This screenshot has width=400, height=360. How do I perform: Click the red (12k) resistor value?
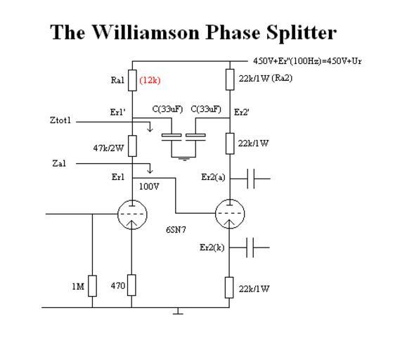(150, 80)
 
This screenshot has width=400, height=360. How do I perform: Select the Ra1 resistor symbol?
(132, 80)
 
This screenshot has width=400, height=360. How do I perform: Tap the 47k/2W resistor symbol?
(132, 146)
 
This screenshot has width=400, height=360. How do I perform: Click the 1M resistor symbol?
(92, 286)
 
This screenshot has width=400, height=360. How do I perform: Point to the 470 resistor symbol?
(131, 285)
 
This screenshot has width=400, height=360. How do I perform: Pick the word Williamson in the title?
(146, 32)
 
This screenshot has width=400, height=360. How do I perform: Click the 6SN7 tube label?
(176, 230)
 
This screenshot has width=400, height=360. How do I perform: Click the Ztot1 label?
(60, 120)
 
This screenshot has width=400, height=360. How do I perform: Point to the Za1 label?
(59, 163)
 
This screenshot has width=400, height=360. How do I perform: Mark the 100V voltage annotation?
(149, 187)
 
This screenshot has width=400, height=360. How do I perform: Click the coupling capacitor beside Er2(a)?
(251, 179)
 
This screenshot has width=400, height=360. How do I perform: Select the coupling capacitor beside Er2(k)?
(250, 247)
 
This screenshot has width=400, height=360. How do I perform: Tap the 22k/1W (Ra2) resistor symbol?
(230, 79)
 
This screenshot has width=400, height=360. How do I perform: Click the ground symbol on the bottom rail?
(178, 311)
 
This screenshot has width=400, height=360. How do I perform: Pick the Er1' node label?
(117, 112)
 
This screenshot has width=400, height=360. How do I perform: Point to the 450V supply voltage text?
(307, 61)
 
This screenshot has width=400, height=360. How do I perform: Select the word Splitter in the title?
(302, 33)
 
